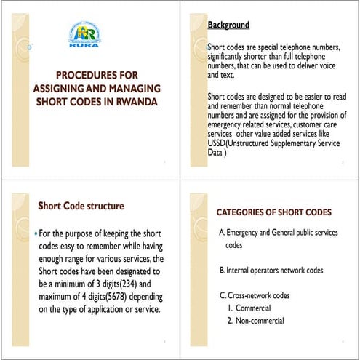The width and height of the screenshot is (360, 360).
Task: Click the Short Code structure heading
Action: click(81, 206)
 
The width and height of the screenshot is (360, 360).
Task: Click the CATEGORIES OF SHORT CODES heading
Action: click(274, 212)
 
